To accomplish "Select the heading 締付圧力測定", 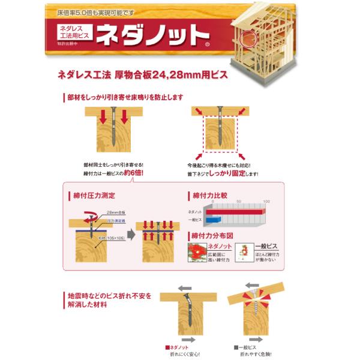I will point(94,196).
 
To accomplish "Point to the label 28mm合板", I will point(116,213).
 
